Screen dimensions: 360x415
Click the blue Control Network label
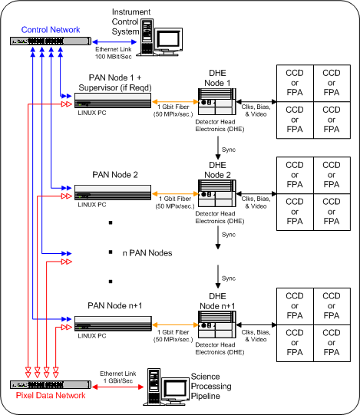pyautogui.click(x=51, y=30)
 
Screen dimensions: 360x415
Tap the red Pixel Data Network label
pyautogui.click(x=51, y=395)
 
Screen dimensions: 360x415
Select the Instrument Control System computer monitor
pyautogui.click(x=168, y=41)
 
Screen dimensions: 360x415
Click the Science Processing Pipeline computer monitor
pyautogui.click(x=175, y=391)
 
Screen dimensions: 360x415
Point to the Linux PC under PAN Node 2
pyautogui.click(x=113, y=193)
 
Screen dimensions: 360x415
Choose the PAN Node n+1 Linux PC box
pyautogui.click(x=113, y=324)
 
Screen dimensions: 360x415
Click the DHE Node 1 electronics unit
pyautogui.click(x=217, y=101)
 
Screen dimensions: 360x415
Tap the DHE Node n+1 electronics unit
pyautogui.click(x=217, y=324)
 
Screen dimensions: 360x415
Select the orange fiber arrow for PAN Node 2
pyautogui.click(x=175, y=194)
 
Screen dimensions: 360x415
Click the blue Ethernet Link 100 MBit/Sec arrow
pyautogui.click(x=114, y=42)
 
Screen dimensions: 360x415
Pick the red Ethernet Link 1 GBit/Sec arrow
pyautogui.click(x=118, y=387)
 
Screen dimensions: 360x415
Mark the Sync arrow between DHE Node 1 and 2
pyautogui.click(x=218, y=148)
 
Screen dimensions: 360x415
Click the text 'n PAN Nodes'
pyautogui.click(x=147, y=253)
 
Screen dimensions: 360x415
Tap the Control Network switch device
pyautogui.click(x=51, y=41)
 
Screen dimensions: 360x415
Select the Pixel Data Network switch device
pyautogui.click(x=51, y=384)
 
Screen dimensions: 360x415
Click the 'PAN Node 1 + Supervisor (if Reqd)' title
pyautogui.click(x=115, y=83)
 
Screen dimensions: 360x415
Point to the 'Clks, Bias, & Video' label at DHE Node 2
pyautogui.click(x=256, y=203)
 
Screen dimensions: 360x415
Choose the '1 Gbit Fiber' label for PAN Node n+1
pyautogui.click(x=173, y=332)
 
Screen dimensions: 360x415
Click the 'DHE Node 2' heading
pyautogui.click(x=217, y=170)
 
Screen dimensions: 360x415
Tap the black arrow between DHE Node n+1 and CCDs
pyautogui.click(x=256, y=324)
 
